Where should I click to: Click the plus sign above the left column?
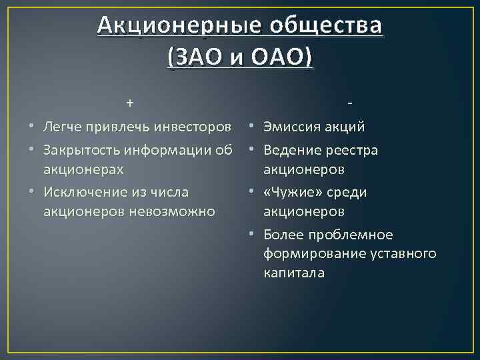click(x=130, y=103)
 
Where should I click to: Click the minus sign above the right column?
click(x=350, y=103)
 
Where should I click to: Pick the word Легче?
click(x=63, y=127)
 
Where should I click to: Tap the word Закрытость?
click(x=81, y=150)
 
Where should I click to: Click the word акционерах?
click(x=83, y=169)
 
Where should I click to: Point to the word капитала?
click(x=294, y=273)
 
